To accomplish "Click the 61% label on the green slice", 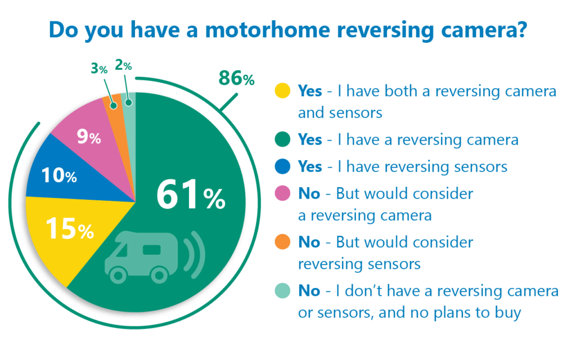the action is [x=191, y=195].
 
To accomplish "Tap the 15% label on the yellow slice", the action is [x=70, y=228].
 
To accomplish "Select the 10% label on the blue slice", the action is [x=59, y=175].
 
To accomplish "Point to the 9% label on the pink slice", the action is [x=89, y=137].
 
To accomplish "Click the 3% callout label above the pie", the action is [x=99, y=68].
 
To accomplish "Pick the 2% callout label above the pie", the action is [x=123, y=65].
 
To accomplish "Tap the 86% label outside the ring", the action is [x=237, y=78].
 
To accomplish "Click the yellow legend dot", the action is [x=282, y=91].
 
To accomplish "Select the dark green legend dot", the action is [x=282, y=139].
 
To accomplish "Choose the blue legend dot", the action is [x=282, y=166].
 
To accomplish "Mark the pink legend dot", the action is [x=282, y=193].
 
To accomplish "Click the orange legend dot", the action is [x=282, y=242].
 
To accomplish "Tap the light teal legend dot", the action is [x=282, y=291].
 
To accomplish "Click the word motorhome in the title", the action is [x=267, y=29].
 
